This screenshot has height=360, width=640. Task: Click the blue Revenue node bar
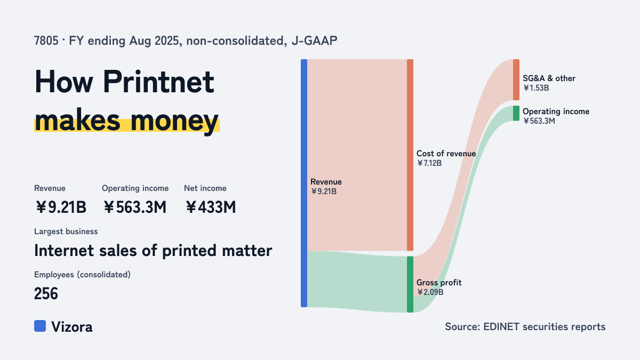[x=304, y=183]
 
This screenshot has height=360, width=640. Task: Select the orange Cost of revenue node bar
[x=410, y=155]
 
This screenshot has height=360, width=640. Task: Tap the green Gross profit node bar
[x=410, y=284]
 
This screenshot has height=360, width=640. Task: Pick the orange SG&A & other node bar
[x=516, y=79]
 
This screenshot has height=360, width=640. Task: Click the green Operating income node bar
[x=516, y=113]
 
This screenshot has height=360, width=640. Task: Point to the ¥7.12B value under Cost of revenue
[x=429, y=163]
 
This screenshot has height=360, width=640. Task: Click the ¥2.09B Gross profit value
[x=430, y=292]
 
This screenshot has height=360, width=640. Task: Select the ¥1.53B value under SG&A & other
[x=536, y=88]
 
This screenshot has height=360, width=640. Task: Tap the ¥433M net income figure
[x=211, y=207]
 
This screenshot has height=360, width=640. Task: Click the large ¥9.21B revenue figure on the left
[x=61, y=207]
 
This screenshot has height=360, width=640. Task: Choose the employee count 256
[x=46, y=293]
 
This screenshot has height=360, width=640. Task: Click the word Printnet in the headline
[x=158, y=82]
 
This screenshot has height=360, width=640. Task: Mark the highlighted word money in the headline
[x=174, y=121]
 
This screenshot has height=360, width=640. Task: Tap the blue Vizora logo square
[x=40, y=326]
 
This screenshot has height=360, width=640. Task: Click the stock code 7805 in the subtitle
[x=46, y=41]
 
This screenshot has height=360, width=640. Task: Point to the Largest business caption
[x=66, y=231]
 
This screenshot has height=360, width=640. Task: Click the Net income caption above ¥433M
[x=205, y=188]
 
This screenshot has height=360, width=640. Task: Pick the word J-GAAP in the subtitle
[x=315, y=41]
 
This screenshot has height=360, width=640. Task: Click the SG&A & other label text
[x=549, y=78]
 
